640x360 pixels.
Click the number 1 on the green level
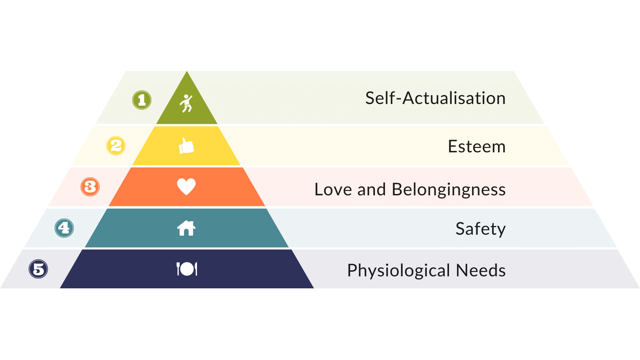pyautogui.click(x=142, y=100)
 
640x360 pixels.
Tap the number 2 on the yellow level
pyautogui.click(x=116, y=146)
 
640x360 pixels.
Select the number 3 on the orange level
pyautogui.click(x=90, y=187)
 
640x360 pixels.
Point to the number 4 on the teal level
pyautogui.click(x=64, y=228)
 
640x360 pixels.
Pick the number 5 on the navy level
pyautogui.click(x=38, y=269)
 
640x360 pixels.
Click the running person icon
pyautogui.click(x=186, y=103)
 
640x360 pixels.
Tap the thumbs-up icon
pyautogui.click(x=186, y=146)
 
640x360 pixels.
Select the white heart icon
pyautogui.click(x=186, y=187)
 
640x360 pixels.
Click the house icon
pyautogui.click(x=186, y=228)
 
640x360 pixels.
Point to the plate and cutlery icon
pyautogui.click(x=187, y=269)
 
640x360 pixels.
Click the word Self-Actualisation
pyautogui.click(x=435, y=98)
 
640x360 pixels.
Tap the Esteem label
pyautogui.click(x=477, y=147)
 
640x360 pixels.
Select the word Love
pyautogui.click(x=333, y=190)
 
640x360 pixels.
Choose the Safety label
pyautogui.click(x=481, y=229)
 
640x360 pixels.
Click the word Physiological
pyautogui.click(x=399, y=271)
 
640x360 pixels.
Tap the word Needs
pyautogui.click(x=481, y=270)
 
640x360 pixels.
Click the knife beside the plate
pyautogui.click(x=196, y=269)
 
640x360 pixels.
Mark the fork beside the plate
pyautogui.click(x=178, y=269)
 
